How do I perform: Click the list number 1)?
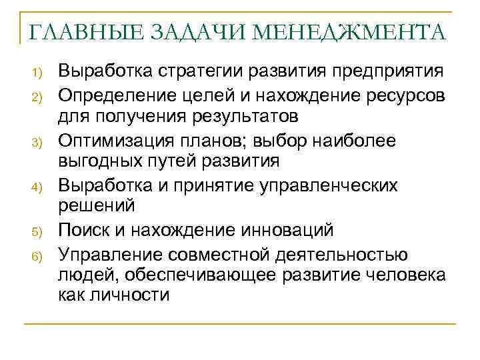click(37, 72)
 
